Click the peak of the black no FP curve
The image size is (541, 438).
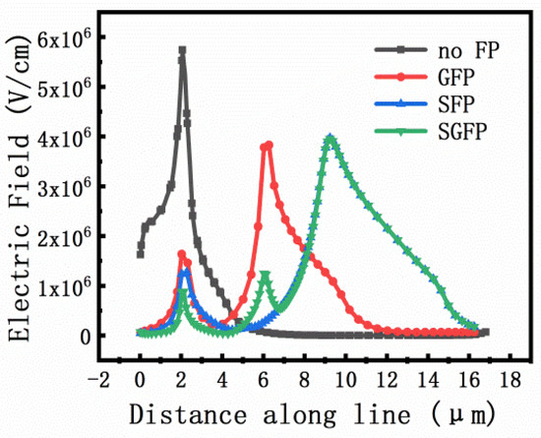point(182,50)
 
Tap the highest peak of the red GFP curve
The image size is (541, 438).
point(268,145)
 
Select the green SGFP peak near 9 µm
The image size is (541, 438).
point(331,138)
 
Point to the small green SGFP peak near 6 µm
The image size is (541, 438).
point(265,276)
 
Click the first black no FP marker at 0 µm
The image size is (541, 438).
point(141,254)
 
